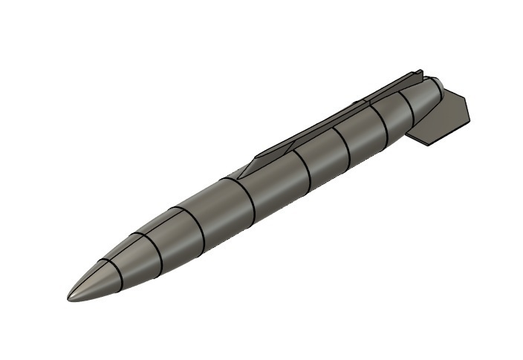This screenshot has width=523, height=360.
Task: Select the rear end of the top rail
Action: click(x=420, y=73)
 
